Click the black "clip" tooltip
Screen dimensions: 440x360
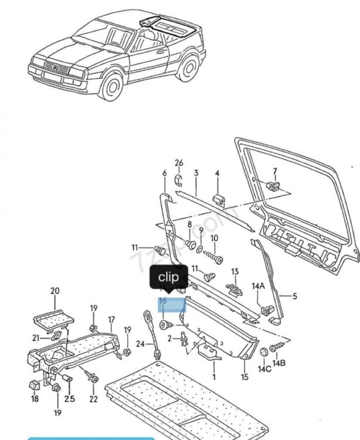(169, 277)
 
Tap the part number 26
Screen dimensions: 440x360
(179, 163)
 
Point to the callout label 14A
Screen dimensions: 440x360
(259, 286)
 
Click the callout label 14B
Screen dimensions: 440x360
(280, 364)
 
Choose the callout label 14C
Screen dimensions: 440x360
(264, 368)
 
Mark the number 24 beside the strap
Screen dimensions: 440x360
(140, 343)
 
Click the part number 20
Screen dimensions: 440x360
(55, 291)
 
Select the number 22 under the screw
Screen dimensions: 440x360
(93, 399)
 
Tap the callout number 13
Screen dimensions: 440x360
(235, 272)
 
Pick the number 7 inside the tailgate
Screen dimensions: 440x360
(274, 171)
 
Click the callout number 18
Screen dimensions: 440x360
(35, 399)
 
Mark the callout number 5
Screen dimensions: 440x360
(295, 296)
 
